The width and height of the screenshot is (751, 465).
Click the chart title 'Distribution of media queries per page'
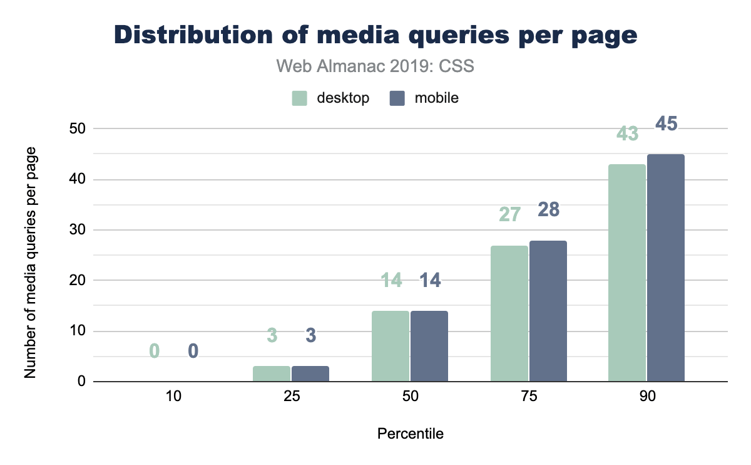pyautogui.click(x=375, y=35)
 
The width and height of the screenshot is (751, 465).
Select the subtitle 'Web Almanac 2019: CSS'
pyautogui.click(x=375, y=66)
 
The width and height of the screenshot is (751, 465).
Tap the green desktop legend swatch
pyautogui.click(x=300, y=98)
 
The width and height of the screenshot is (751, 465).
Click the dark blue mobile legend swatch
pyautogui.click(x=397, y=98)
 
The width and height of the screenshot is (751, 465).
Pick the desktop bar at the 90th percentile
pyautogui.click(x=628, y=273)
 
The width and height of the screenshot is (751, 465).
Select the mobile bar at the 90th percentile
pyautogui.click(x=666, y=268)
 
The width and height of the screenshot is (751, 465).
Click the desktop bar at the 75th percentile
pyautogui.click(x=509, y=313)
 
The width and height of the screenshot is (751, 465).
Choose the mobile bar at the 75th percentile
pyautogui.click(x=548, y=311)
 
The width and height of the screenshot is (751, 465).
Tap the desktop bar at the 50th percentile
pyautogui.click(x=391, y=346)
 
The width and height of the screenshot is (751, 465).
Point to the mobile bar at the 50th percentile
pyautogui.click(x=429, y=346)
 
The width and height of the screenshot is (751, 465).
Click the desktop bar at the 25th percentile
pyautogui.click(x=272, y=374)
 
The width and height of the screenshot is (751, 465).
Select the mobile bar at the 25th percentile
pyautogui.click(x=310, y=374)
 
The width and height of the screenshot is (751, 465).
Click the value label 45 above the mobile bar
pyautogui.click(x=667, y=124)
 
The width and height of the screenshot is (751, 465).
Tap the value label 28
pyautogui.click(x=548, y=210)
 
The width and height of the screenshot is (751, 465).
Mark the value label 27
pyautogui.click(x=509, y=215)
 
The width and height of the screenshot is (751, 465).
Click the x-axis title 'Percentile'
pyautogui.click(x=411, y=434)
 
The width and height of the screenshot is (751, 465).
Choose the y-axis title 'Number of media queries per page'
pyautogui.click(x=30, y=263)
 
